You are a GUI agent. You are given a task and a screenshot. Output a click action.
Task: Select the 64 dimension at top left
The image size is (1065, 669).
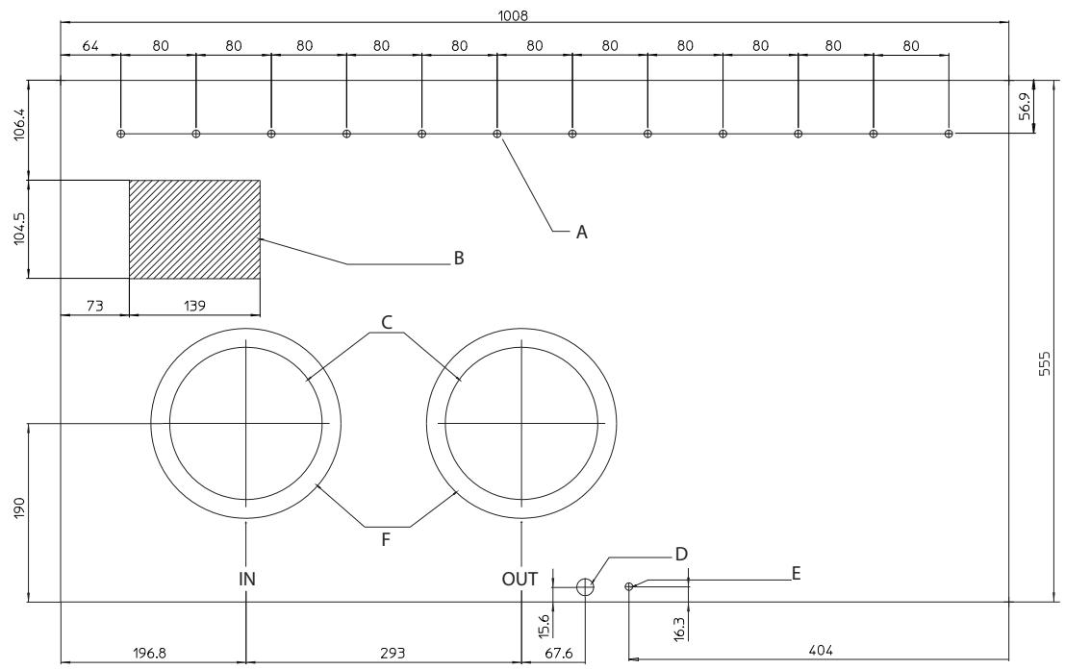89,45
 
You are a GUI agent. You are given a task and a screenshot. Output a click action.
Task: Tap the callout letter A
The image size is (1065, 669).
581,232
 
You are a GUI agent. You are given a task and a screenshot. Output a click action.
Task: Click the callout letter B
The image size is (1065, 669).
460,259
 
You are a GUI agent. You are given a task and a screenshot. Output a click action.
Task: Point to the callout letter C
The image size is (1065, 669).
387,322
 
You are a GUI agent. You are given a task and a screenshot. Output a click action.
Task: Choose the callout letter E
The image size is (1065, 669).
795,574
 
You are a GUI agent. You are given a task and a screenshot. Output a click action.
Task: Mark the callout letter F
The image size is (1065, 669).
386,540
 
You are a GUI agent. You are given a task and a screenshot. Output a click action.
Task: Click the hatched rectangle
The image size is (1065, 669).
194,230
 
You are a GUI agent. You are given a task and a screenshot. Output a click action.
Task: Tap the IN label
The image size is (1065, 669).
247,579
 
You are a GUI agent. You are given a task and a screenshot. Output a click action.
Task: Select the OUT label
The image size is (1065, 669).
520,579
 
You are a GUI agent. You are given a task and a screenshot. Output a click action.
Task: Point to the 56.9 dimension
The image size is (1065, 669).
1026,107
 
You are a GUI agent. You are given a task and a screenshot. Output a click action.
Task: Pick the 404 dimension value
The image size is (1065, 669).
821,651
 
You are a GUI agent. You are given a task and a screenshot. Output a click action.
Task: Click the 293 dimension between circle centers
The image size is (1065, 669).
392,653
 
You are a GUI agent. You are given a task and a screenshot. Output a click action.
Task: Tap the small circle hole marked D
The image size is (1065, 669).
585,587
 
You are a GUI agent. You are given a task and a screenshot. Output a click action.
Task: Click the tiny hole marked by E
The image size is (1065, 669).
629,586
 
